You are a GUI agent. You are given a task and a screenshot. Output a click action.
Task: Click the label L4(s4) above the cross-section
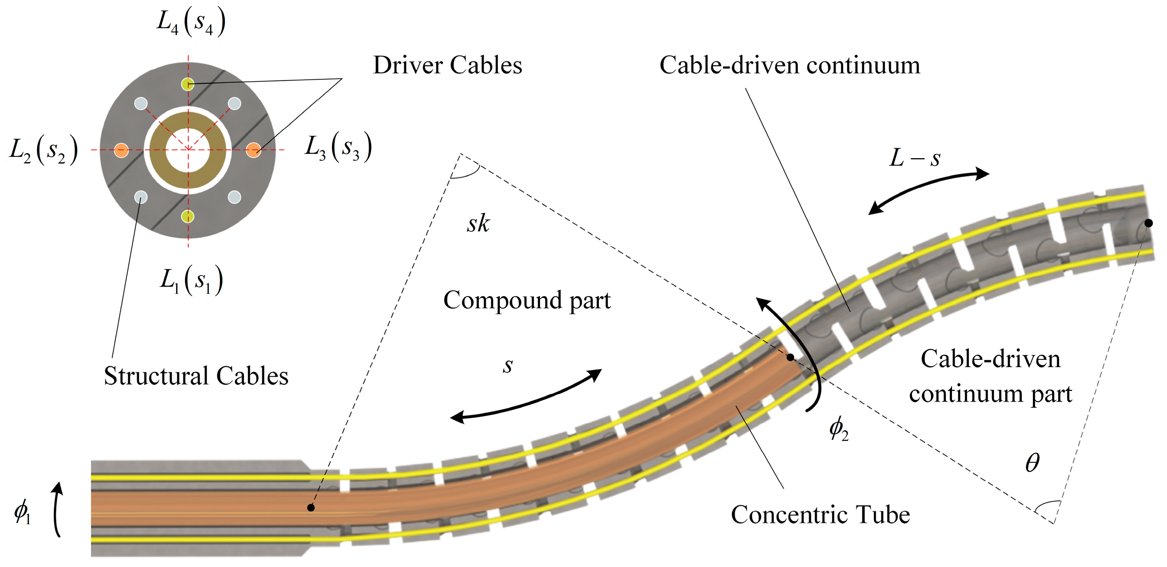(x=191, y=23)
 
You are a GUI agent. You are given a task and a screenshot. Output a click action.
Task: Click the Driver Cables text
(x=447, y=65)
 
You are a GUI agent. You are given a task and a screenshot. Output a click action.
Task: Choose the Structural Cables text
(x=196, y=376)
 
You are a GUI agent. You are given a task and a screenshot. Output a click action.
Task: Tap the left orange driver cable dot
(x=121, y=150)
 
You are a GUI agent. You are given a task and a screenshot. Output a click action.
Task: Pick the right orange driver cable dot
(x=253, y=150)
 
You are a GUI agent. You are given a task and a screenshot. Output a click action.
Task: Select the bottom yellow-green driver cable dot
(x=187, y=217)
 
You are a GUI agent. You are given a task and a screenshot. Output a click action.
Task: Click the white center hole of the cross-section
(x=187, y=150)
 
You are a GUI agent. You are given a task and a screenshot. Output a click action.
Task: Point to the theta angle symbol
(x=1032, y=463)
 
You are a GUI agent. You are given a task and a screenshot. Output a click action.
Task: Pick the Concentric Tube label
(x=820, y=515)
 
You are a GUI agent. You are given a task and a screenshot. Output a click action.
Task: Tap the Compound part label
(x=526, y=300)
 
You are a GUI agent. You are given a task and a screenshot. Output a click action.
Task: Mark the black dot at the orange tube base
(x=311, y=508)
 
